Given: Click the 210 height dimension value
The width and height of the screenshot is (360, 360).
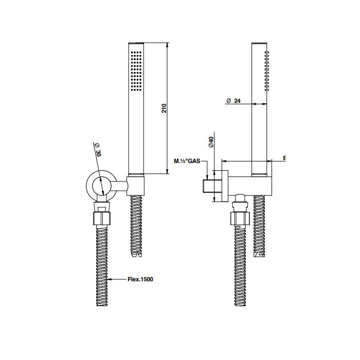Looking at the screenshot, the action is [164, 108].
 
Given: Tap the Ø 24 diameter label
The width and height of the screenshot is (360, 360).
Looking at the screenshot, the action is [233, 101].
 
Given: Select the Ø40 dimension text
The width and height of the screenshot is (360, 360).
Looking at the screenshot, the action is [211, 142].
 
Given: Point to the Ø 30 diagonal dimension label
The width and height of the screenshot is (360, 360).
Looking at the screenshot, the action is [98, 150].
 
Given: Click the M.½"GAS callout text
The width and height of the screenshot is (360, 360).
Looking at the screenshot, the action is [187, 161].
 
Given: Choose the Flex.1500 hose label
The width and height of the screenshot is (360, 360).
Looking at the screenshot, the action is [140, 279].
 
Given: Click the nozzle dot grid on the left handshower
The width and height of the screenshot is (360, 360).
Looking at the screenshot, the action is [136, 71].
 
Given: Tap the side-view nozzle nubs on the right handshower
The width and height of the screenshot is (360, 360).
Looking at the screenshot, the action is [266, 71].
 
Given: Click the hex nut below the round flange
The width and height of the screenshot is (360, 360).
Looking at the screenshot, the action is [102, 219].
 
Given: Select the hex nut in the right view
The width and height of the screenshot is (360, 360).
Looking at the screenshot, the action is [240, 219].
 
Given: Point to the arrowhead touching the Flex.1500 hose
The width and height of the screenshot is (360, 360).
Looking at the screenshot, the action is [109, 279].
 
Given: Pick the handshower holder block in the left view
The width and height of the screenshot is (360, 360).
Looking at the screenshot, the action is [135, 186].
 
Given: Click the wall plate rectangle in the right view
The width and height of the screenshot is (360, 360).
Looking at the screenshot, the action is [225, 186].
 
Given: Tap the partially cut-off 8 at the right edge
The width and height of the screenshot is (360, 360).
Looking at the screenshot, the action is [284, 158].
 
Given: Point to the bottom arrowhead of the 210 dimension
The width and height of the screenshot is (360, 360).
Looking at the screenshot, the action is [167, 171].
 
